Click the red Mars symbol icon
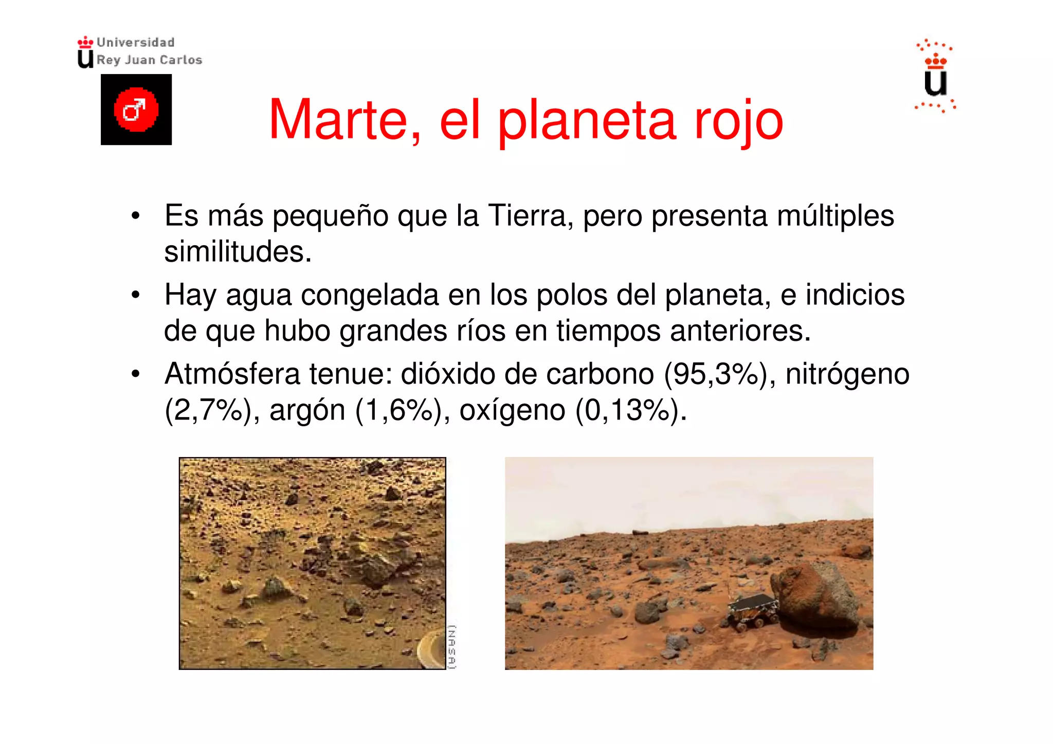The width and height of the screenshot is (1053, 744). coord(136,110)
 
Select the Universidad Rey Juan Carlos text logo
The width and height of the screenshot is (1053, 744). coord(140,51)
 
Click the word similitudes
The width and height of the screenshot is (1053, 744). coord(238,252)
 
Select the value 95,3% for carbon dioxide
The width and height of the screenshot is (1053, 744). coord(712,374)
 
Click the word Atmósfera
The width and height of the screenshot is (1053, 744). coord(232,374)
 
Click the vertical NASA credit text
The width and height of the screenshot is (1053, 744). coord(451,646)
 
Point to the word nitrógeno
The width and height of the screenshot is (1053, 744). coord(847,375)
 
